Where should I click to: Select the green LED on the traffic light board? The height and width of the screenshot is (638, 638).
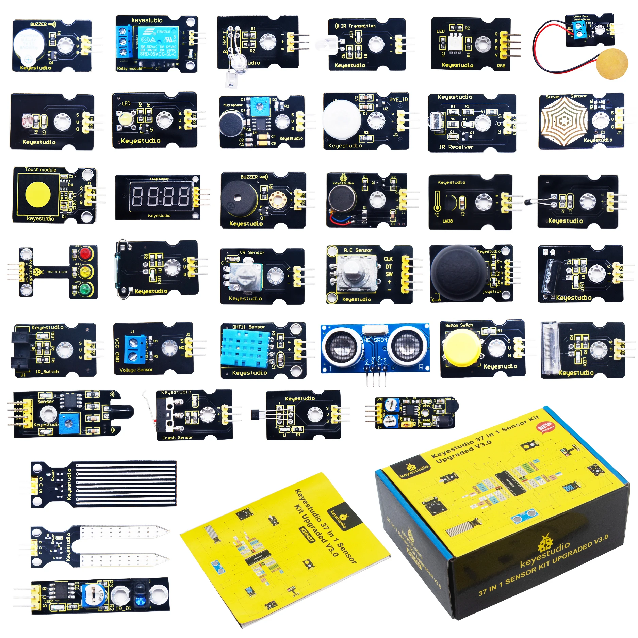click(x=85, y=290)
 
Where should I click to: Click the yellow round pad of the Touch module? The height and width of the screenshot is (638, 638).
click(x=38, y=195)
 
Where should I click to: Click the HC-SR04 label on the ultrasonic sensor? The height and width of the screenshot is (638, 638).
click(x=375, y=340)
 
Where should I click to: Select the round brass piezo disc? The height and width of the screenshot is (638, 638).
click(x=612, y=64)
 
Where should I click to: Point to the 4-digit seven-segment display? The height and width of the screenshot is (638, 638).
click(x=161, y=197)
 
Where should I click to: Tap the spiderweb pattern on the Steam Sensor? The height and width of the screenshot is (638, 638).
click(x=564, y=120)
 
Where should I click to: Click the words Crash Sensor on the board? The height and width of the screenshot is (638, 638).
click(x=177, y=438)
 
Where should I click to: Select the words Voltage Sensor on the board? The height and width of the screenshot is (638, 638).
click(x=136, y=370)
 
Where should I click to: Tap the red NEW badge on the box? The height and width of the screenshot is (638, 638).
click(x=545, y=426)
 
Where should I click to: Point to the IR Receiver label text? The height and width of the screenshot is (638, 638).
click(x=456, y=147)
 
